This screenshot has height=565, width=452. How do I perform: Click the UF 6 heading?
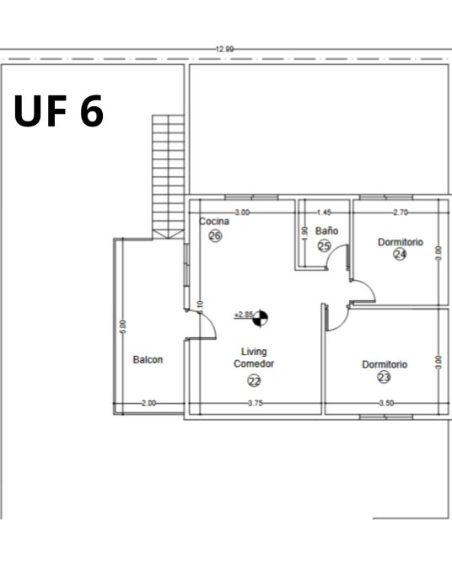[59, 110]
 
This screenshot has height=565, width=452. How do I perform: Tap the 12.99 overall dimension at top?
[224, 49]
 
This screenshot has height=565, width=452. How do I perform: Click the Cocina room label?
[214, 221]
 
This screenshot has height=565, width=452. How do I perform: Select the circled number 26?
[215, 236]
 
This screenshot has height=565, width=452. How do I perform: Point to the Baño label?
[326, 230]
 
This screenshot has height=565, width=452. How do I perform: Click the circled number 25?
[325, 246]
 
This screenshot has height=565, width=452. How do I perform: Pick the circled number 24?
[400, 254]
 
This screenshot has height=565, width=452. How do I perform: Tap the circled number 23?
[384, 377]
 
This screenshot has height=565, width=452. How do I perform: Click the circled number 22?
[254, 380]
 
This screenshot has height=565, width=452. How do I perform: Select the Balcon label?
[148, 359]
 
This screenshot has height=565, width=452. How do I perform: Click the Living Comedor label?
[254, 358]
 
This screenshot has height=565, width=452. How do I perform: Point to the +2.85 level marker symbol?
[261, 318]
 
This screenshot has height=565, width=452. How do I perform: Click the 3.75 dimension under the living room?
[256, 403]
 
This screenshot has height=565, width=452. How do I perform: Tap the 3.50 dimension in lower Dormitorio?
[386, 403]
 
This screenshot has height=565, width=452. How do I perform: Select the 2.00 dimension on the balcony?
[148, 403]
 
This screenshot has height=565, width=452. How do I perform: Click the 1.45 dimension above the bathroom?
[324, 213]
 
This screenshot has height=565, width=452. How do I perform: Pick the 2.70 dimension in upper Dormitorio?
[401, 213]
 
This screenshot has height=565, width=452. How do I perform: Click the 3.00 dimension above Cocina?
[242, 213]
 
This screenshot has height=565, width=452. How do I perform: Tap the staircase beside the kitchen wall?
[168, 177]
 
